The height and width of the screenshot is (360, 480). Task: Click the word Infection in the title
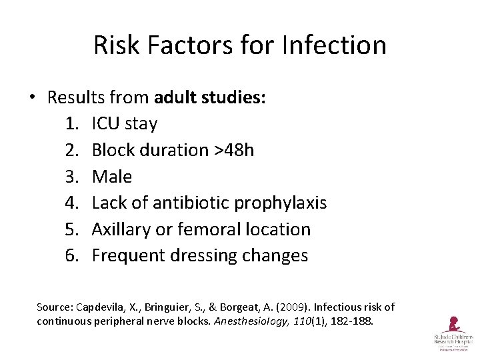pos(334,45)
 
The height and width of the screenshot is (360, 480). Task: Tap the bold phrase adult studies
pos(210,97)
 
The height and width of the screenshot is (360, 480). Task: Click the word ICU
pos(106,124)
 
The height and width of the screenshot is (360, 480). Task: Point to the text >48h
pos(233,150)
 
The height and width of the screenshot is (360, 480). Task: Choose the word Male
pos(112,177)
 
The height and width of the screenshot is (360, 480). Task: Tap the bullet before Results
pos(32,98)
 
